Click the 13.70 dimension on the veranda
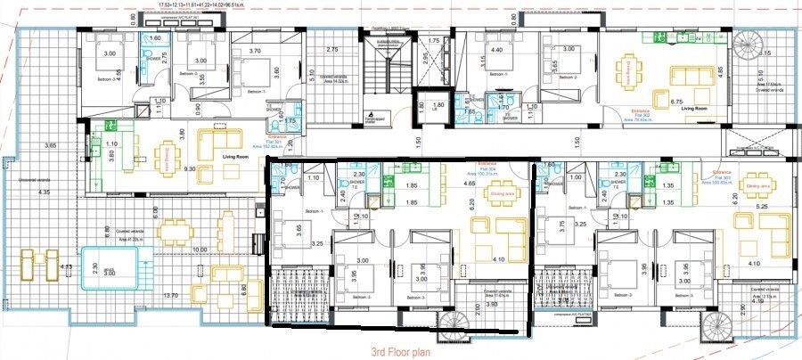coord(172,295)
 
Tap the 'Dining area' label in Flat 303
coord(757,185)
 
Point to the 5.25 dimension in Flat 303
coord(762,207)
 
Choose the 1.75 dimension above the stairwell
coord(434,41)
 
